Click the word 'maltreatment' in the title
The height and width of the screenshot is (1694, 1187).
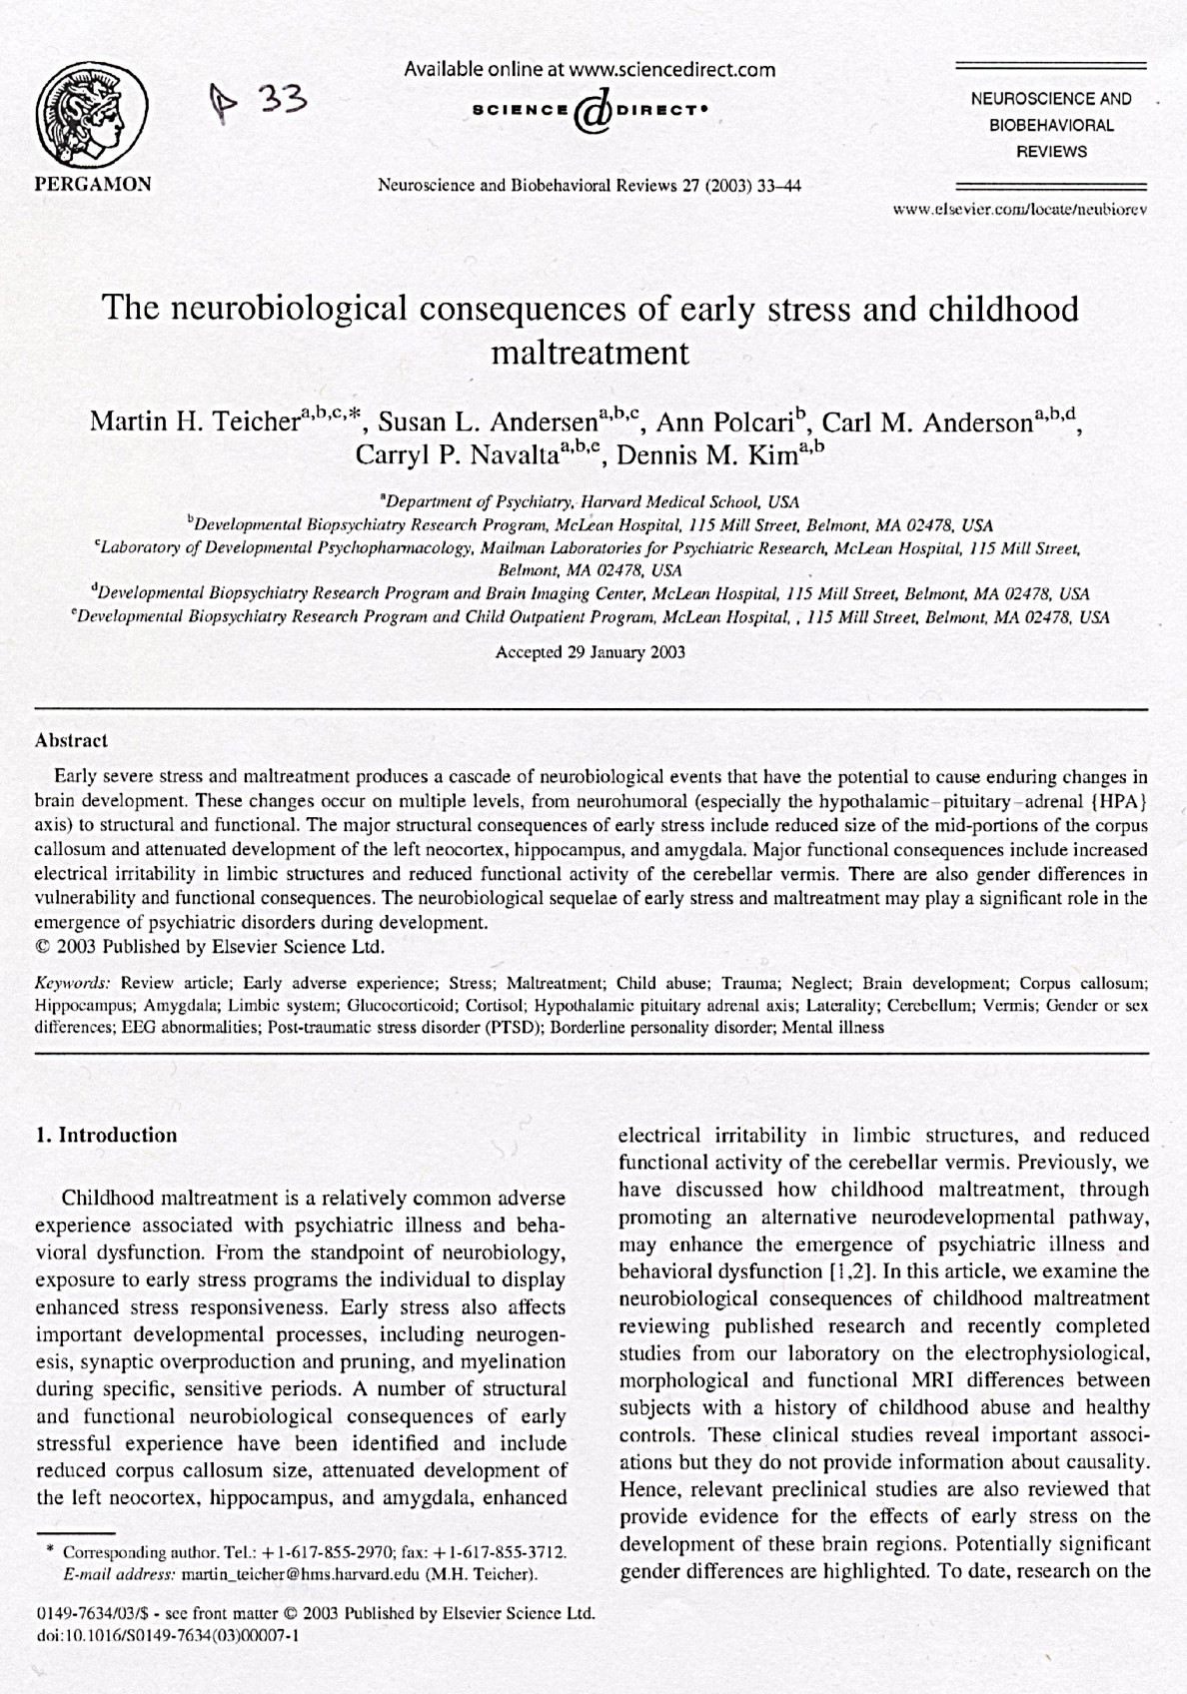tap(592, 354)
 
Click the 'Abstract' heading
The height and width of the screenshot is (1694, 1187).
tap(71, 741)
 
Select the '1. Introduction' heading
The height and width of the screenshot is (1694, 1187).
tap(106, 1135)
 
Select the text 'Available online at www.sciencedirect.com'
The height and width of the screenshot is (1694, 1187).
tap(590, 70)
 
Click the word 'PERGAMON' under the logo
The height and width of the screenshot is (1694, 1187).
tap(93, 184)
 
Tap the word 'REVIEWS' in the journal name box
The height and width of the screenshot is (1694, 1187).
tap(1051, 152)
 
